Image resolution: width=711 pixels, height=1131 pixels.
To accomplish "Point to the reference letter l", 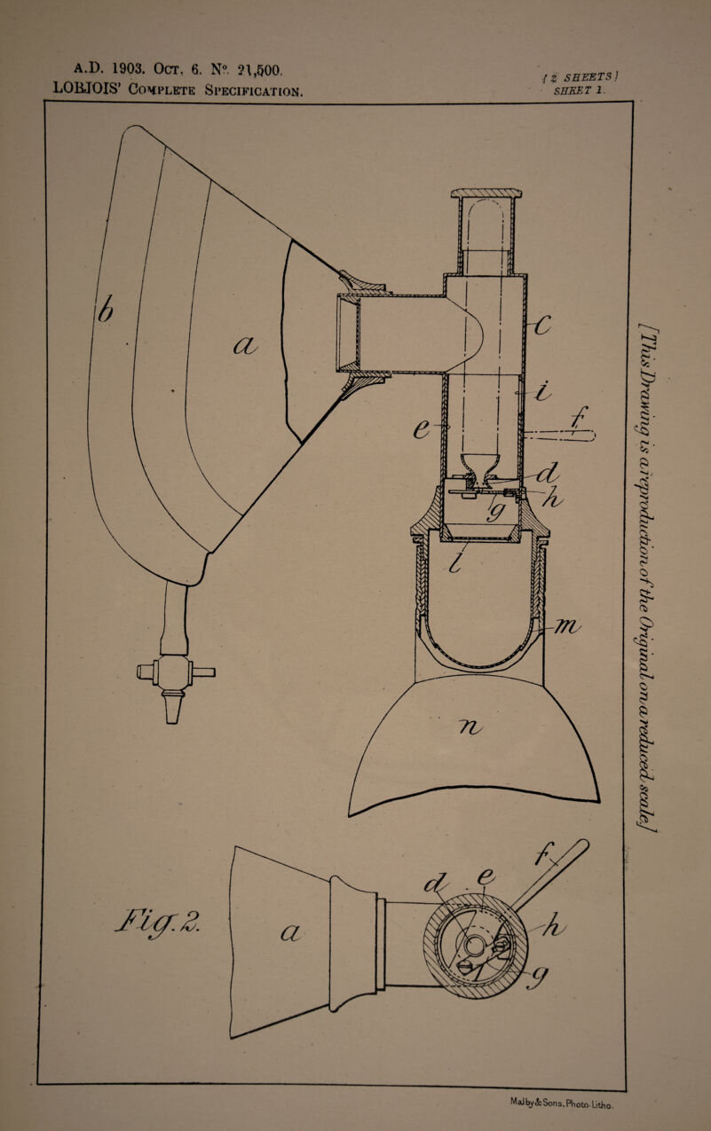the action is pos(455,562).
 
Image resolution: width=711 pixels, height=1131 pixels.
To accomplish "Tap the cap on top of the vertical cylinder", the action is pos(486,193).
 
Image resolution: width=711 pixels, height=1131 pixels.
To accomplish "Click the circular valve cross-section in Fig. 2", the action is pos(477,942).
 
